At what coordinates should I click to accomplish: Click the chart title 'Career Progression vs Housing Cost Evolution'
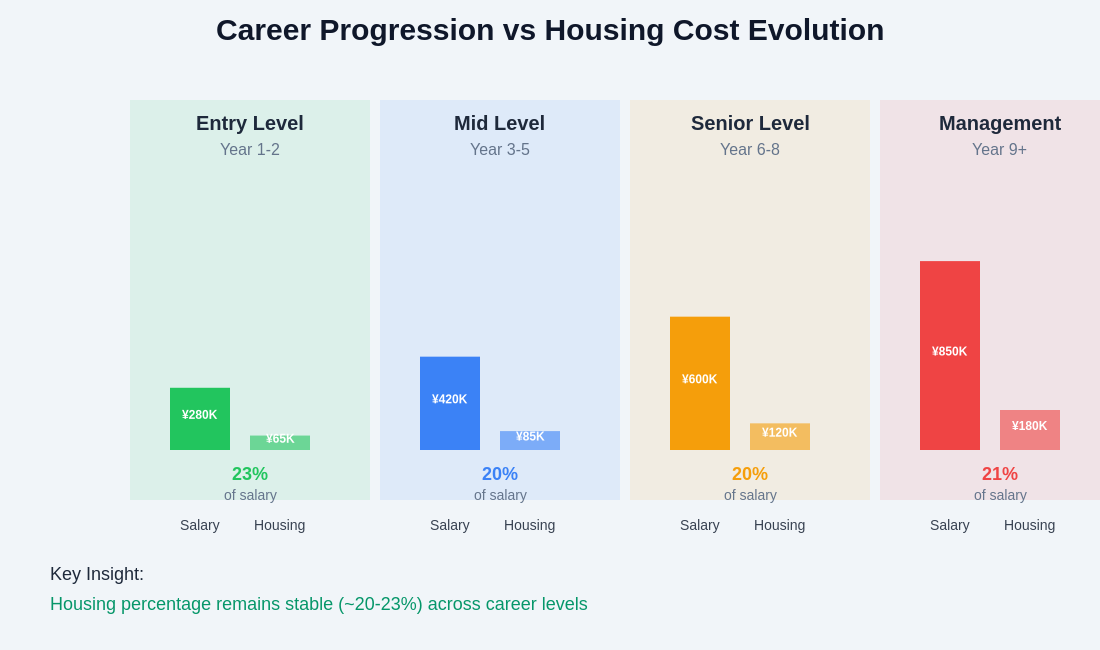click(x=550, y=30)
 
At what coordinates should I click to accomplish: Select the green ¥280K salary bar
click(x=200, y=418)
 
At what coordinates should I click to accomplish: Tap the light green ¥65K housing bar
click(x=280, y=443)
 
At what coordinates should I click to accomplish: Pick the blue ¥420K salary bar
click(x=450, y=403)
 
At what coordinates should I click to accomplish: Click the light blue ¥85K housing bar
click(x=530, y=441)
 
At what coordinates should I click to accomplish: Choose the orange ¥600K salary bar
click(x=700, y=383)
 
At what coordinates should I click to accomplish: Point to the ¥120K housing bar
click(x=780, y=437)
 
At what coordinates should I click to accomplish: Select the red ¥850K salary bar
click(x=950, y=355)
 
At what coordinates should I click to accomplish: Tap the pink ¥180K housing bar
click(x=1030, y=430)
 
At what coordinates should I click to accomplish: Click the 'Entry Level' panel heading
click(x=250, y=123)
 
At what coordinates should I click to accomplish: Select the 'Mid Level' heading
click(x=500, y=123)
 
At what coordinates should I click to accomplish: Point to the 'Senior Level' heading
click(x=750, y=123)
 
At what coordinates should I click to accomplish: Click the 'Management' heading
click(x=1000, y=123)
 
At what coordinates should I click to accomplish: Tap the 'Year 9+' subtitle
click(x=1000, y=150)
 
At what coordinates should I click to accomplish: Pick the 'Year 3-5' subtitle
click(x=500, y=150)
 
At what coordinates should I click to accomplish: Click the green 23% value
click(x=250, y=474)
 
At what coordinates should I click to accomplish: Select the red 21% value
click(x=1000, y=474)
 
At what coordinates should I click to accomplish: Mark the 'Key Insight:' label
click(x=97, y=574)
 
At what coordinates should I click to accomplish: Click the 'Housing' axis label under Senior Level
click(x=780, y=525)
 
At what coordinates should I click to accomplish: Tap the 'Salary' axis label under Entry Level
click(x=200, y=525)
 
